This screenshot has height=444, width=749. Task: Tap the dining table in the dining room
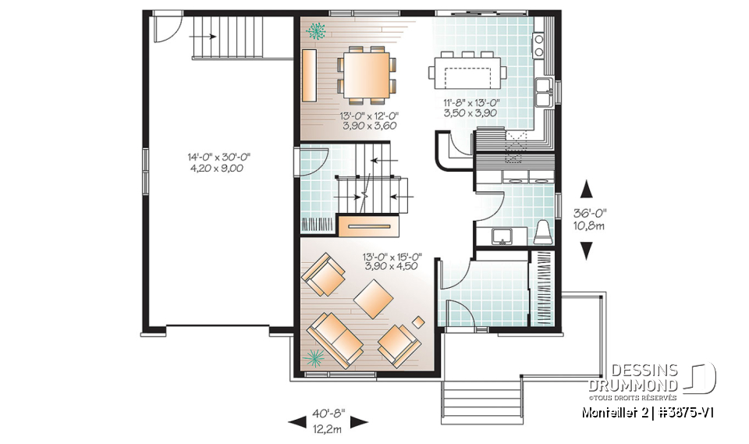366,73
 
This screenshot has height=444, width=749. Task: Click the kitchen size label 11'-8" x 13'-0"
470,106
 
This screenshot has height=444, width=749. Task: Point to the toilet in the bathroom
545,231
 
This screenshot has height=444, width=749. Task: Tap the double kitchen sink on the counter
544,91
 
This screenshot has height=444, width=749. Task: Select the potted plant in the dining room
317,32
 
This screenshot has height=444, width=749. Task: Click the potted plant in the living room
316,357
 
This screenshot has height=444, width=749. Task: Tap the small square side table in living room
419,321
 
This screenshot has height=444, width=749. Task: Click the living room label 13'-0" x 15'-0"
392,261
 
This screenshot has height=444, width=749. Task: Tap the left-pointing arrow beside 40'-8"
297,422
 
